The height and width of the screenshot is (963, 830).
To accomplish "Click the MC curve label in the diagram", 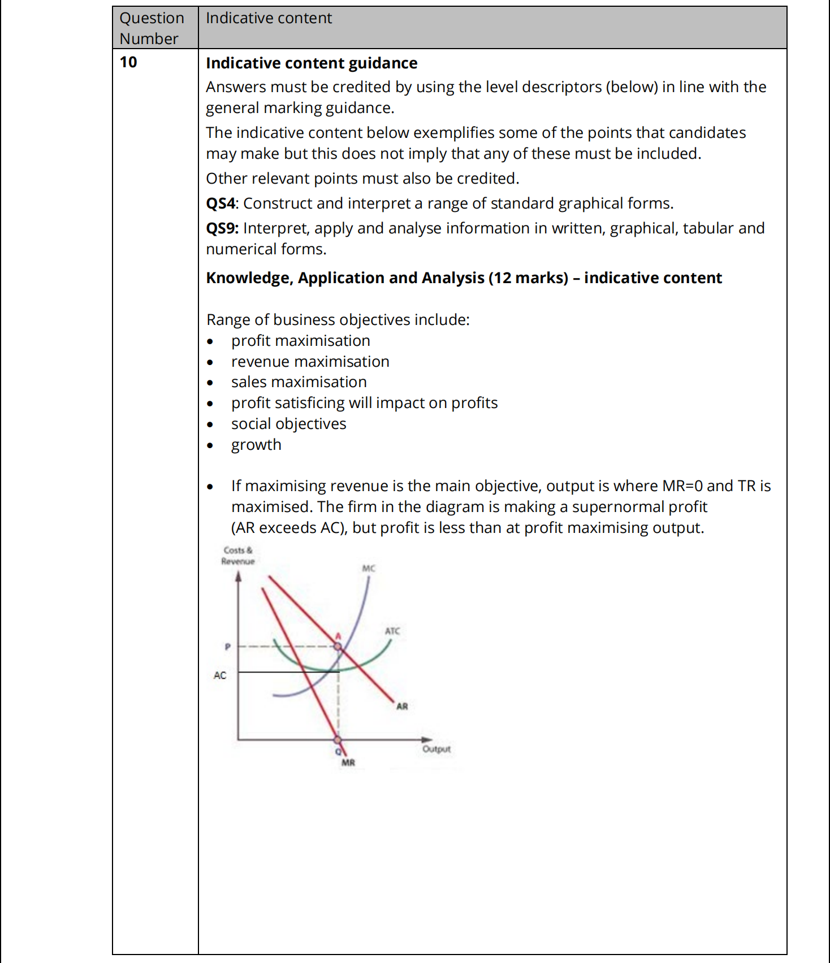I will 369,568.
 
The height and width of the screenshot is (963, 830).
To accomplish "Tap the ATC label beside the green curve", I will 392,631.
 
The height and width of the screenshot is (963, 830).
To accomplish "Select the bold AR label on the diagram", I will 402,706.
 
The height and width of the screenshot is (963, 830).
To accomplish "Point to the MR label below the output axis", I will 348,763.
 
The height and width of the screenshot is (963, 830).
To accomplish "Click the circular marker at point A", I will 338,646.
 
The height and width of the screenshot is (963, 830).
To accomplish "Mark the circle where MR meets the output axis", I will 338,739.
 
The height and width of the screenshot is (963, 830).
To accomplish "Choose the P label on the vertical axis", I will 227,647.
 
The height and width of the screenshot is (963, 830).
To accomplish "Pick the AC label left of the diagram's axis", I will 220,675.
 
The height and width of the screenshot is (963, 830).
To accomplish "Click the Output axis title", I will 436,749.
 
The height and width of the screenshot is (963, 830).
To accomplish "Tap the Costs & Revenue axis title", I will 238,556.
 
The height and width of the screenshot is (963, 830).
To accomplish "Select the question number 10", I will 128,62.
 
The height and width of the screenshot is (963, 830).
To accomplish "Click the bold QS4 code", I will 220,203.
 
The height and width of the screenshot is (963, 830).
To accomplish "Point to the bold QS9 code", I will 222,228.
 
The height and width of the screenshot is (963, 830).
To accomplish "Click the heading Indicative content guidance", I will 312,63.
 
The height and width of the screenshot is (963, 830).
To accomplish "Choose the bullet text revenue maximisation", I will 310,362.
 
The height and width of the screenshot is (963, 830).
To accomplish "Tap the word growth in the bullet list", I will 256,445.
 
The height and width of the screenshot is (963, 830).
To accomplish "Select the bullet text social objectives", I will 288,424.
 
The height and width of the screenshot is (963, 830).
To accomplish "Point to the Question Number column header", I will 152,28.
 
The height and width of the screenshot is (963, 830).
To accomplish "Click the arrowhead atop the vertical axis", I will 238,576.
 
